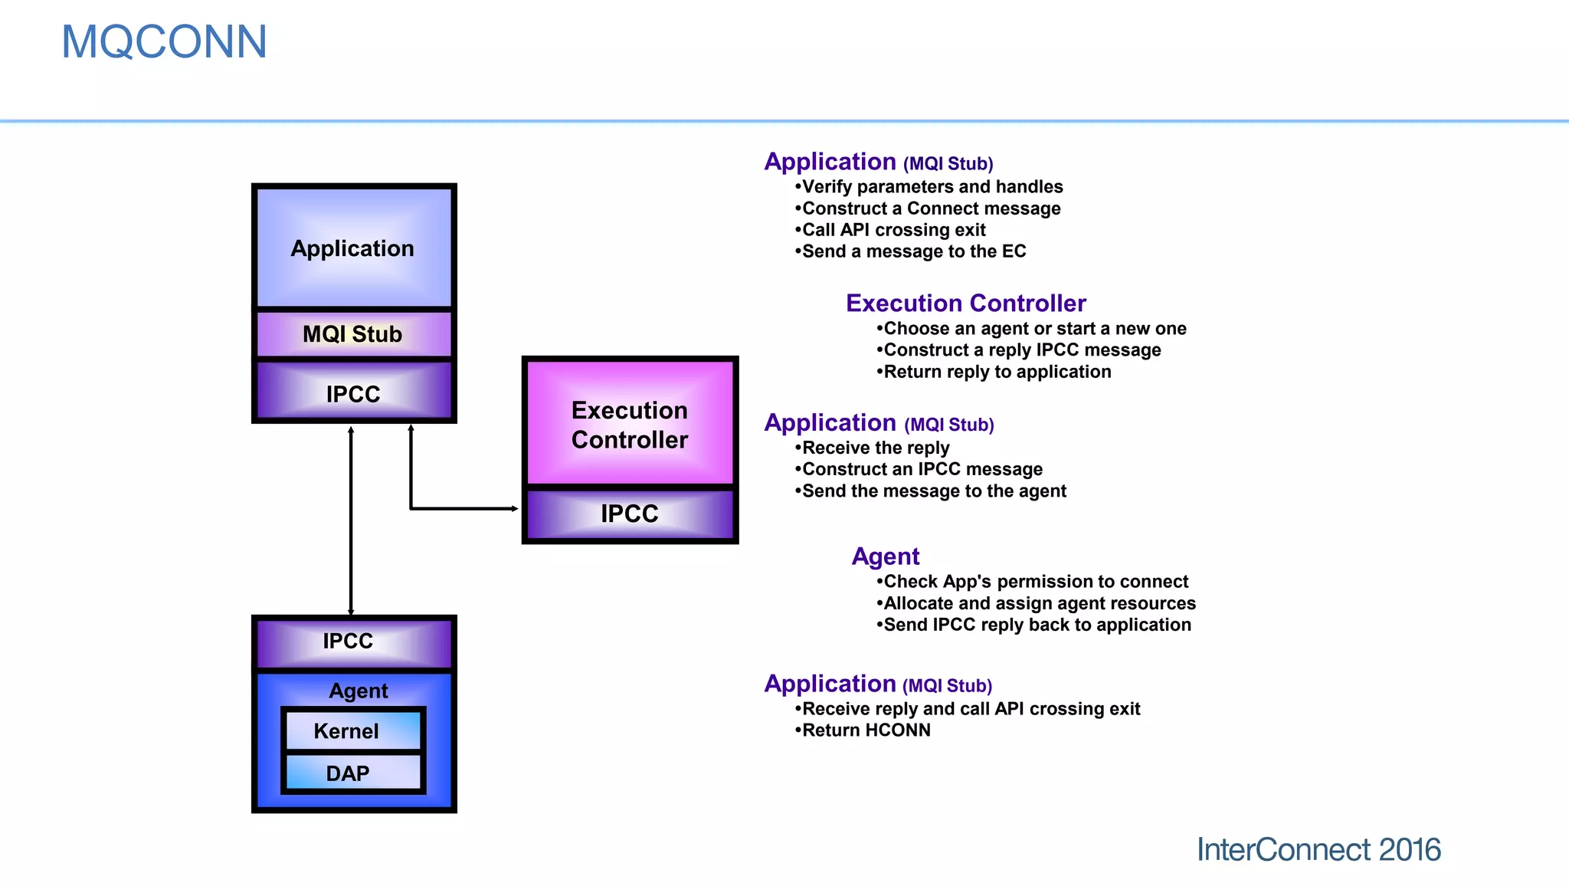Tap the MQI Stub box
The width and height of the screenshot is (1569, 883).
pyautogui.click(x=353, y=334)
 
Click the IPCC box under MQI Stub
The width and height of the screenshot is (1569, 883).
pyautogui.click(x=353, y=393)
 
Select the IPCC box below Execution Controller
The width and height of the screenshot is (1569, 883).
pyautogui.click(x=629, y=514)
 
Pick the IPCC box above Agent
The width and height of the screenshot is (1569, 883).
pyautogui.click(x=348, y=641)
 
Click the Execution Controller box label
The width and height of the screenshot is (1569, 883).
pyautogui.click(x=629, y=425)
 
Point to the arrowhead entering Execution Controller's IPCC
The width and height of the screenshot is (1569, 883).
pyautogui.click(x=514, y=508)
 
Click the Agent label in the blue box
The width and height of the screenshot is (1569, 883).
pyautogui.click(x=358, y=691)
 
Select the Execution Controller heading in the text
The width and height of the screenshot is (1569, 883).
pyautogui.click(x=965, y=304)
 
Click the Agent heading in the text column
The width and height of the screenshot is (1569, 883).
pyautogui.click(x=885, y=556)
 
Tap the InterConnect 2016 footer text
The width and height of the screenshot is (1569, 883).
pyautogui.click(x=1318, y=849)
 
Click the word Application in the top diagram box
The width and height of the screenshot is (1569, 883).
pyautogui.click(x=352, y=248)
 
